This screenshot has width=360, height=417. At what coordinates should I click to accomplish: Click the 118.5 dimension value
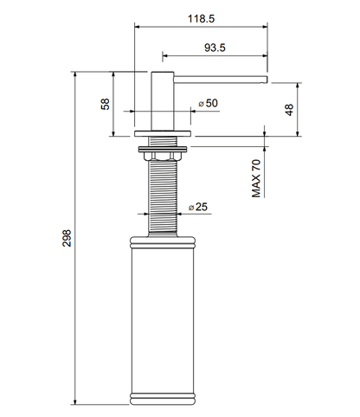coord(202,19)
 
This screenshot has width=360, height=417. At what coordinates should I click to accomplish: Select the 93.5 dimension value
coord(215,48)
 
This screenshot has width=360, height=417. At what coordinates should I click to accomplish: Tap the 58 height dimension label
coord(106,104)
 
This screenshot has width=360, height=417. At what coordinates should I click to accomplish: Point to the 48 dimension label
coord(289,110)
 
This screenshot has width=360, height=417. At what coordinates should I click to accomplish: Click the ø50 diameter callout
coord(208,103)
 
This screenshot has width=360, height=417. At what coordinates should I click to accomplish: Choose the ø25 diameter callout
coord(198,207)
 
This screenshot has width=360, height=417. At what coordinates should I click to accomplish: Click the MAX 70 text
coord(256,178)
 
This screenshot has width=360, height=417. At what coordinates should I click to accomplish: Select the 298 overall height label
coord(67,238)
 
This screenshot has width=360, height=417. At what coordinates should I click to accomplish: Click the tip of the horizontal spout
coord(267,80)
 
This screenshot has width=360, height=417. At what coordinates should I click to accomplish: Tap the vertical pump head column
coord(163,101)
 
